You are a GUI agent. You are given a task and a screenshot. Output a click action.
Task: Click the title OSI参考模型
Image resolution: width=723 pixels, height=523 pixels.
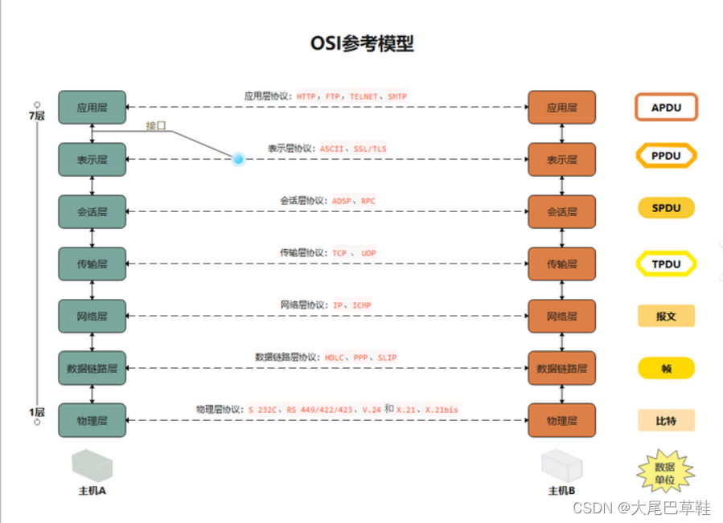click(362, 43)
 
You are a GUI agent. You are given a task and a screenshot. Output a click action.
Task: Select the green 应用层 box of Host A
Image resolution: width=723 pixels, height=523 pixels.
click(92, 107)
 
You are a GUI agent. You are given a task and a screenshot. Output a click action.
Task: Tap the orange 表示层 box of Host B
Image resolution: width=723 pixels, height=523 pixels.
click(561, 160)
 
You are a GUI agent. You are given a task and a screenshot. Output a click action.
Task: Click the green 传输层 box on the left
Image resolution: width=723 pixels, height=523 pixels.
click(92, 264)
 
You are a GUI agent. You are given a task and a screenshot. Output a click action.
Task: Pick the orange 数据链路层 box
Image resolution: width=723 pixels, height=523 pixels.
click(561, 369)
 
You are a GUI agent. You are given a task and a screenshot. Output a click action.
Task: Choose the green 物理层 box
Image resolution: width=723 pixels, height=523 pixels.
click(92, 420)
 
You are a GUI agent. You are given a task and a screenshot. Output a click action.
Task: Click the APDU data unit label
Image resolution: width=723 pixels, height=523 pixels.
click(665, 107)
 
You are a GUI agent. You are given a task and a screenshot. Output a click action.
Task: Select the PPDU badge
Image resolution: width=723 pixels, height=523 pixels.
click(665, 156)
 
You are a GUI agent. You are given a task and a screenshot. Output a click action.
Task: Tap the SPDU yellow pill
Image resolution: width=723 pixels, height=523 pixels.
click(665, 208)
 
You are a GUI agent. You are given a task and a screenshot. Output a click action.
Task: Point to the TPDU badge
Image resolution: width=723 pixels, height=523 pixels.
click(665, 264)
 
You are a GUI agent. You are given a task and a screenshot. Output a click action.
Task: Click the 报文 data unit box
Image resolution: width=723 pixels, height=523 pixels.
click(665, 316)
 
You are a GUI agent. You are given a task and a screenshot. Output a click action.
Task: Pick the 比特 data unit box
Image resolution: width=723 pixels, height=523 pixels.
click(665, 420)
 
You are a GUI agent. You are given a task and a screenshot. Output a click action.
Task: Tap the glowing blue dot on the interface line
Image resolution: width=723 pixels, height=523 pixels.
click(238, 159)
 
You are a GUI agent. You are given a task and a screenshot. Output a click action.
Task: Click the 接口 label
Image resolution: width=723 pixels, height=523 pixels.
click(156, 125)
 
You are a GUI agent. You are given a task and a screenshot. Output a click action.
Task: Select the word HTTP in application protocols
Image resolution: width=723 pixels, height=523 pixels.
click(306, 96)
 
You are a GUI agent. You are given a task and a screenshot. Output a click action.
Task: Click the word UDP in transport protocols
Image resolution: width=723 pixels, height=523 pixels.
click(368, 253)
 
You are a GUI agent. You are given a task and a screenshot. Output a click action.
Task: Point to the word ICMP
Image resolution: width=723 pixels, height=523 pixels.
click(362, 305)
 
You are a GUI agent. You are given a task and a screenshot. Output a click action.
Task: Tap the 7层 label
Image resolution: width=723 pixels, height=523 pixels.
click(37, 116)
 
